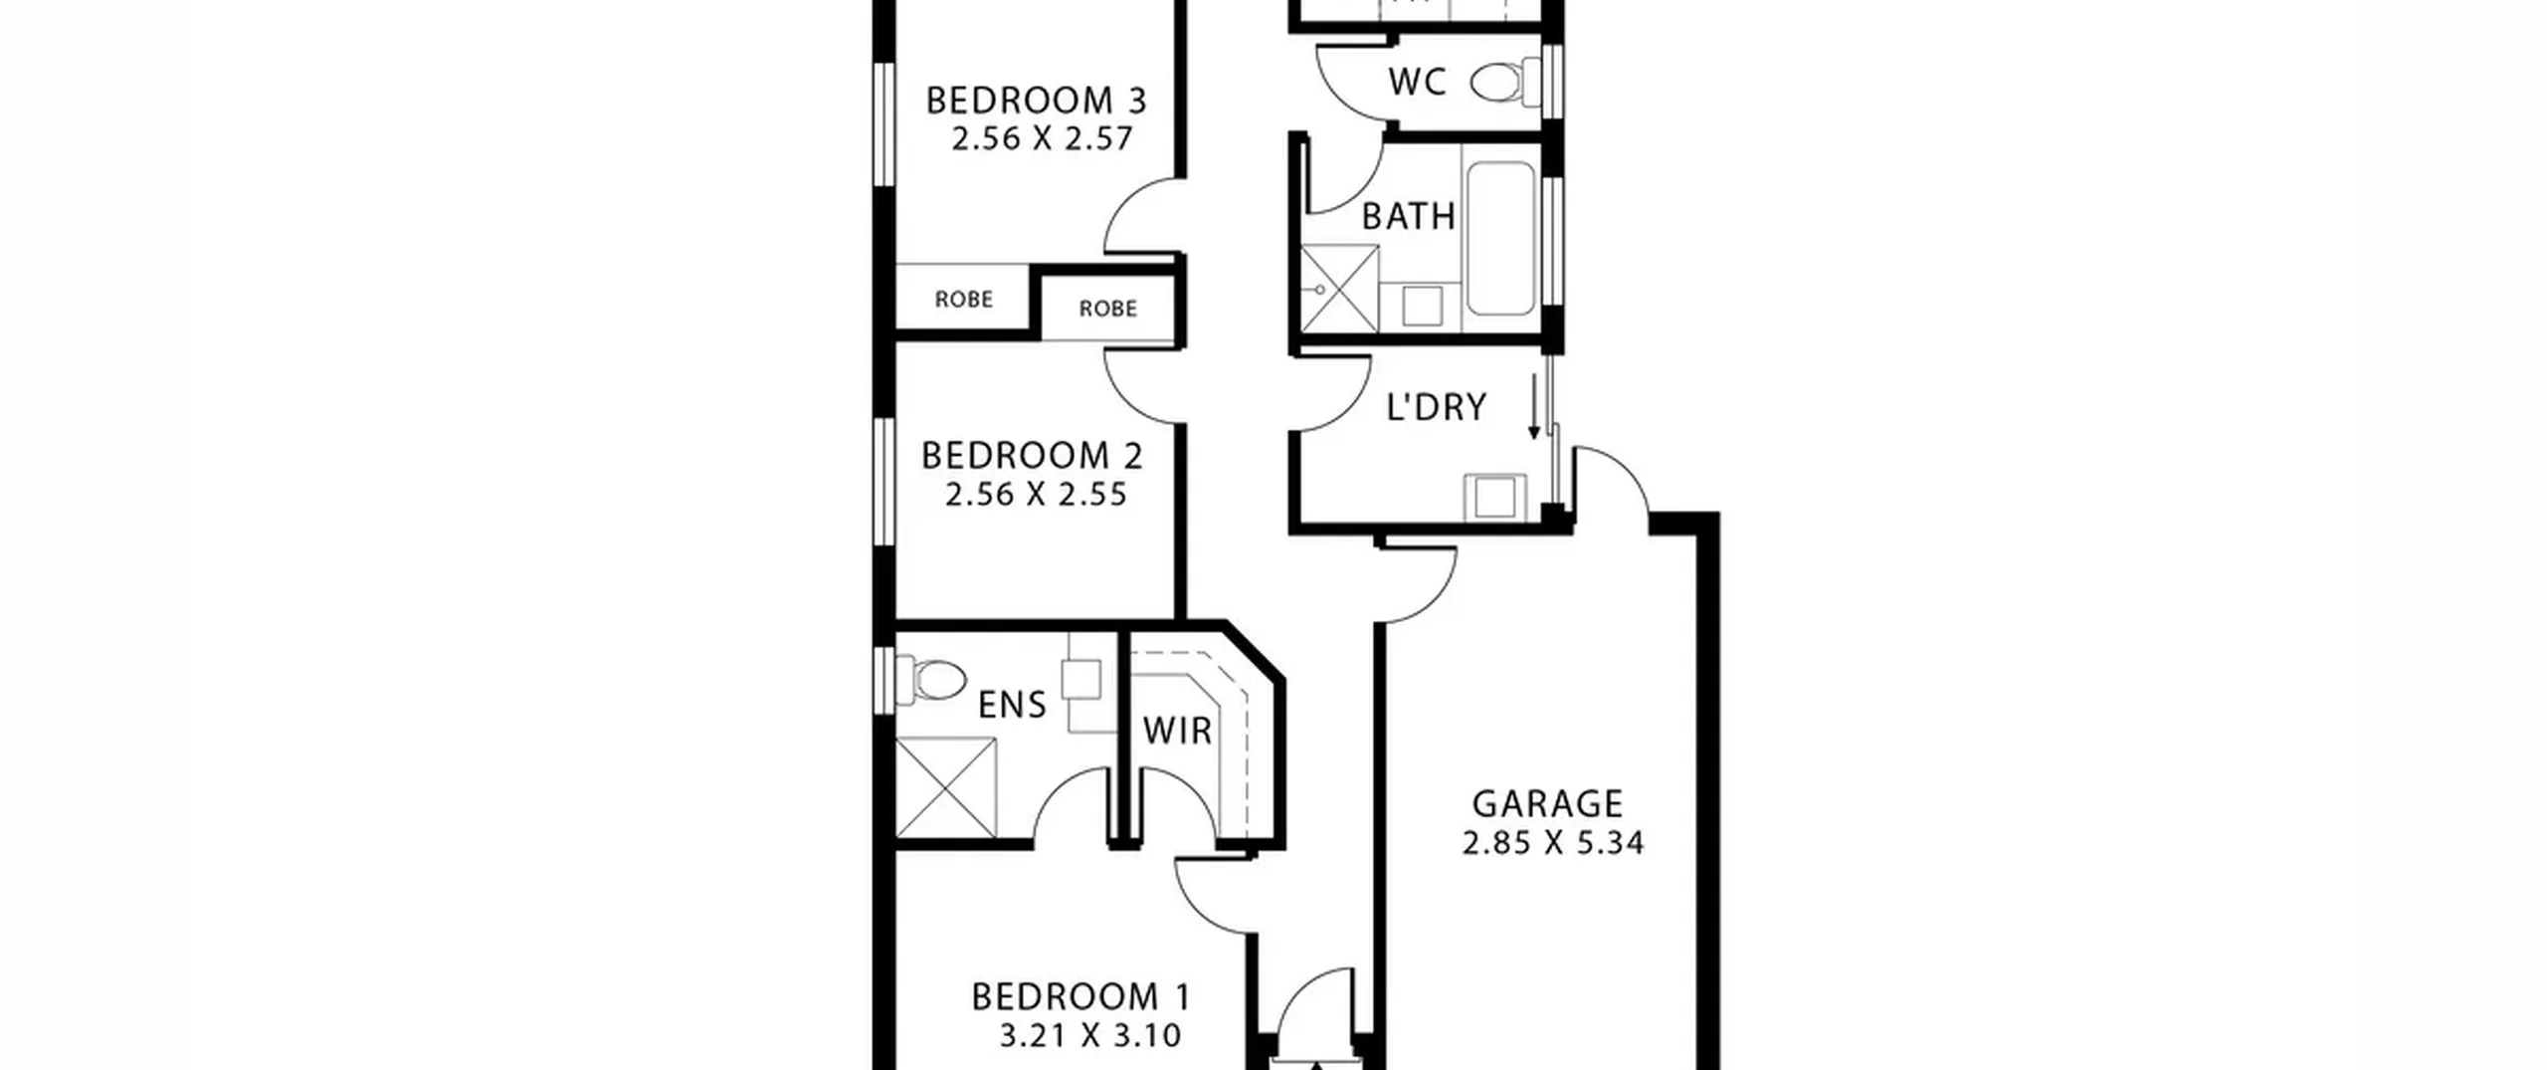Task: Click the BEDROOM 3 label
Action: tap(1036, 101)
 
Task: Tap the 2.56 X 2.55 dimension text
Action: tap(1036, 495)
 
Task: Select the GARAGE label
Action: tap(1547, 803)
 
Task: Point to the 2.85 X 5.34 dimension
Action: tap(1552, 843)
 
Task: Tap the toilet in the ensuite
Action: tap(931, 680)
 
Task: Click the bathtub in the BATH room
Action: tap(1500, 239)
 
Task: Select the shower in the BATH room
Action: tap(1340, 290)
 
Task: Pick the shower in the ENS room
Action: tap(946, 787)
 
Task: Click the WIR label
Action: tap(1177, 732)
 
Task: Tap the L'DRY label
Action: tap(1436, 407)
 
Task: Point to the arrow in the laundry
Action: tap(1534, 406)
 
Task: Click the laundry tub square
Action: tap(1494, 497)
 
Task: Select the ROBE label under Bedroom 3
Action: tap(964, 299)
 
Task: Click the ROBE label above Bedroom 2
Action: tap(1107, 309)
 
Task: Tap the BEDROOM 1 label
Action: tap(1080, 996)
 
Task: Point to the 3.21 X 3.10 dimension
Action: tap(1090, 1036)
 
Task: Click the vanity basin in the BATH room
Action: tap(1422, 307)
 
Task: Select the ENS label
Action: tap(1012, 706)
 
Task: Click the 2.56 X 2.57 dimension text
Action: tap(1042, 138)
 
